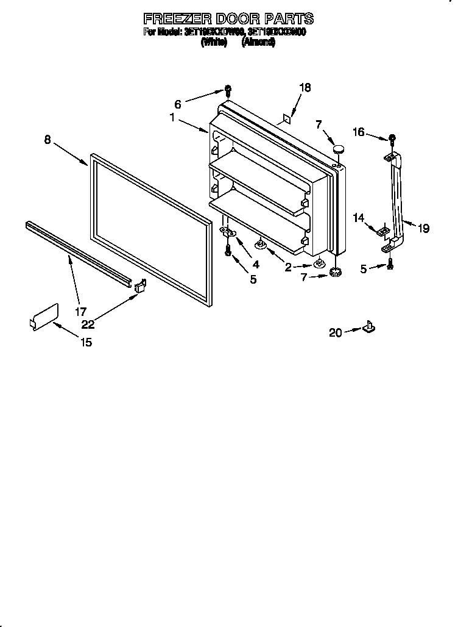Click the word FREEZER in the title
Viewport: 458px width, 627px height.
(x=174, y=18)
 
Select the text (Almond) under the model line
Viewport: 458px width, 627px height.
(x=258, y=43)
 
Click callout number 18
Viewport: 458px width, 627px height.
(x=305, y=88)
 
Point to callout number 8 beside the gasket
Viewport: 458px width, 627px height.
(x=48, y=140)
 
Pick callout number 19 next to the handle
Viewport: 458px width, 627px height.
(x=423, y=229)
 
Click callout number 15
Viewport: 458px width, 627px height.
(x=86, y=342)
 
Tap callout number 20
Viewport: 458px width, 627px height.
(x=335, y=332)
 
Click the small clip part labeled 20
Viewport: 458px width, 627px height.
(x=368, y=328)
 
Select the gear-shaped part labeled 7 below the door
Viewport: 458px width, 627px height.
(x=334, y=272)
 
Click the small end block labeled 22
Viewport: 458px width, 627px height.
(x=139, y=286)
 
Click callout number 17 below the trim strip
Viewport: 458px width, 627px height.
(x=80, y=311)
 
